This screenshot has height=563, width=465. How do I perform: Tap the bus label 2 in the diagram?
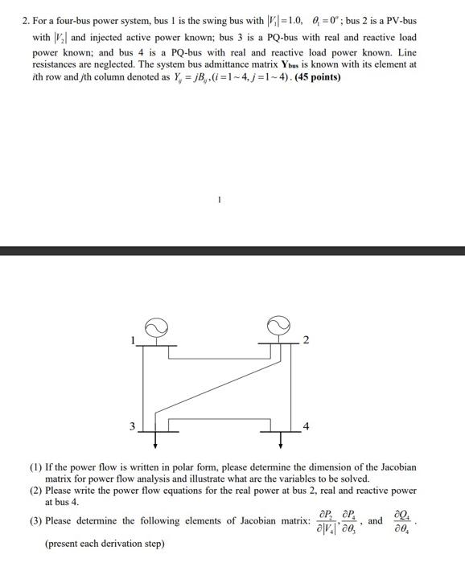click(x=305, y=340)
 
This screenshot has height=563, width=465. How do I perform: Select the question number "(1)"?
click(x=36, y=467)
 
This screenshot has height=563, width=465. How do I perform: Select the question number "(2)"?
click(x=36, y=490)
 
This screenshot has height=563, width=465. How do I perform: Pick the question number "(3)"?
click(x=36, y=521)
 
